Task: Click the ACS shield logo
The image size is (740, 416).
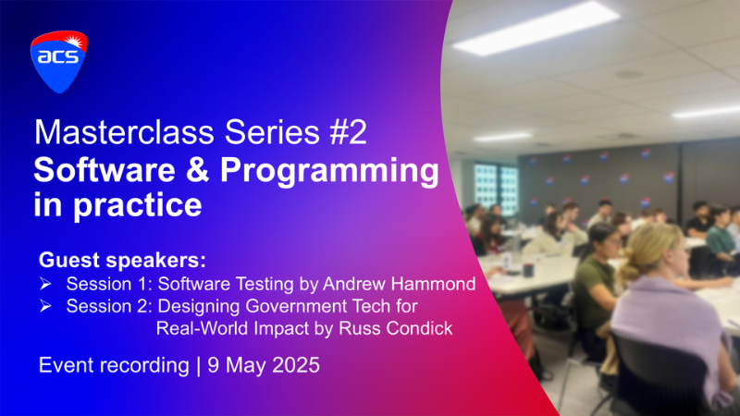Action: pos(59,62)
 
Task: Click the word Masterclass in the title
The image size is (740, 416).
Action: pos(124,132)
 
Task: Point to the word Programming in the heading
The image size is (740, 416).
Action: pos(329,172)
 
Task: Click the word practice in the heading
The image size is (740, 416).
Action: pos(138,206)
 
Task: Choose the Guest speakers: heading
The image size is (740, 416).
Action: pos(122,260)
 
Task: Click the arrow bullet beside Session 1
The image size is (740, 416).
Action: pos(45,284)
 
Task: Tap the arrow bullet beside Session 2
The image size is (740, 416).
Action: pos(45,306)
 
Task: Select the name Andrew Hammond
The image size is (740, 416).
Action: pos(400,284)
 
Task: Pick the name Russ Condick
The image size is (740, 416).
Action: pos(396,328)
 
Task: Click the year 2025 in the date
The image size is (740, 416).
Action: pos(296,365)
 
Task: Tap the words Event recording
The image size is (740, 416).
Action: pos(114,365)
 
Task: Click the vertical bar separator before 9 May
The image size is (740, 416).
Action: pos(198,366)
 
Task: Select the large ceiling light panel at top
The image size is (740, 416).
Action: pos(536,29)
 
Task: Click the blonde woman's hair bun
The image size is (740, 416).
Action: pos(630,271)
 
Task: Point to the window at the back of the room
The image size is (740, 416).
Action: pos(496,187)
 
